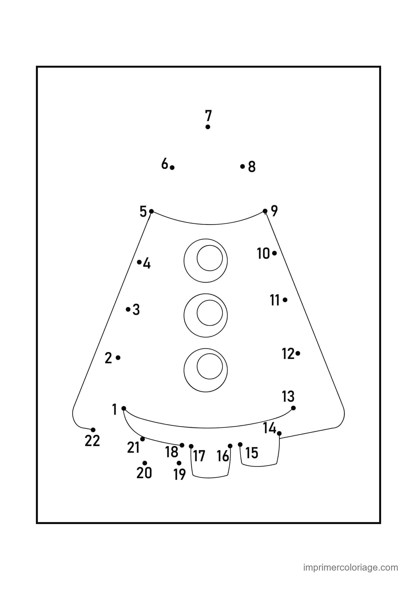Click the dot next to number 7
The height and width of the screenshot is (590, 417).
pos(208,127)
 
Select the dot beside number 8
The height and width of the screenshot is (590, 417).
pos(242,166)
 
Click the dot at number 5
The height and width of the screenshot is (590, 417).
pos(151,211)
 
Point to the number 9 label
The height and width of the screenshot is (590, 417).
pos(275,211)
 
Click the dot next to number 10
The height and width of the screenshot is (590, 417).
pos(274,253)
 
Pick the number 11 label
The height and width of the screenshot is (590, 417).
pos(275,300)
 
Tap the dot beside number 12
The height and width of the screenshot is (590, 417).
pos(297,353)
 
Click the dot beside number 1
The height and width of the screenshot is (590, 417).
pos(124,408)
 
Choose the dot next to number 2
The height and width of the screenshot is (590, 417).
pos(118,357)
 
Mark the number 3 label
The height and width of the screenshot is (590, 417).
pos(136,310)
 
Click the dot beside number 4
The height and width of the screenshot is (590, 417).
pos(139,262)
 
